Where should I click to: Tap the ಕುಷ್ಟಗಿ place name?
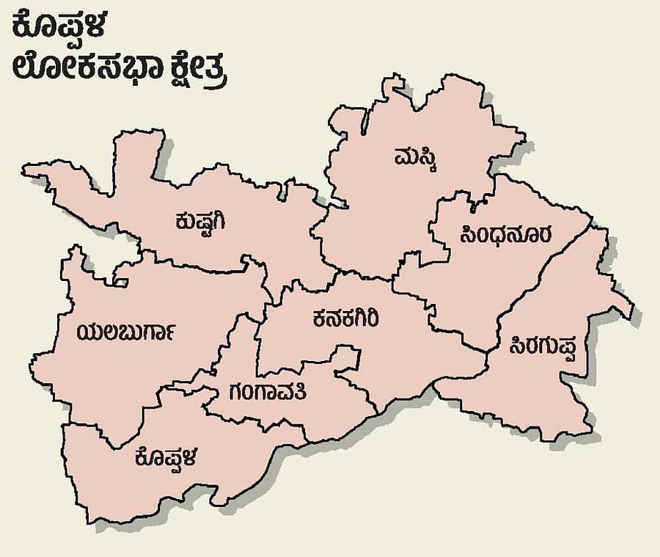point(205,220)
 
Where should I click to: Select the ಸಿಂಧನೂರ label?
point(507,235)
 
